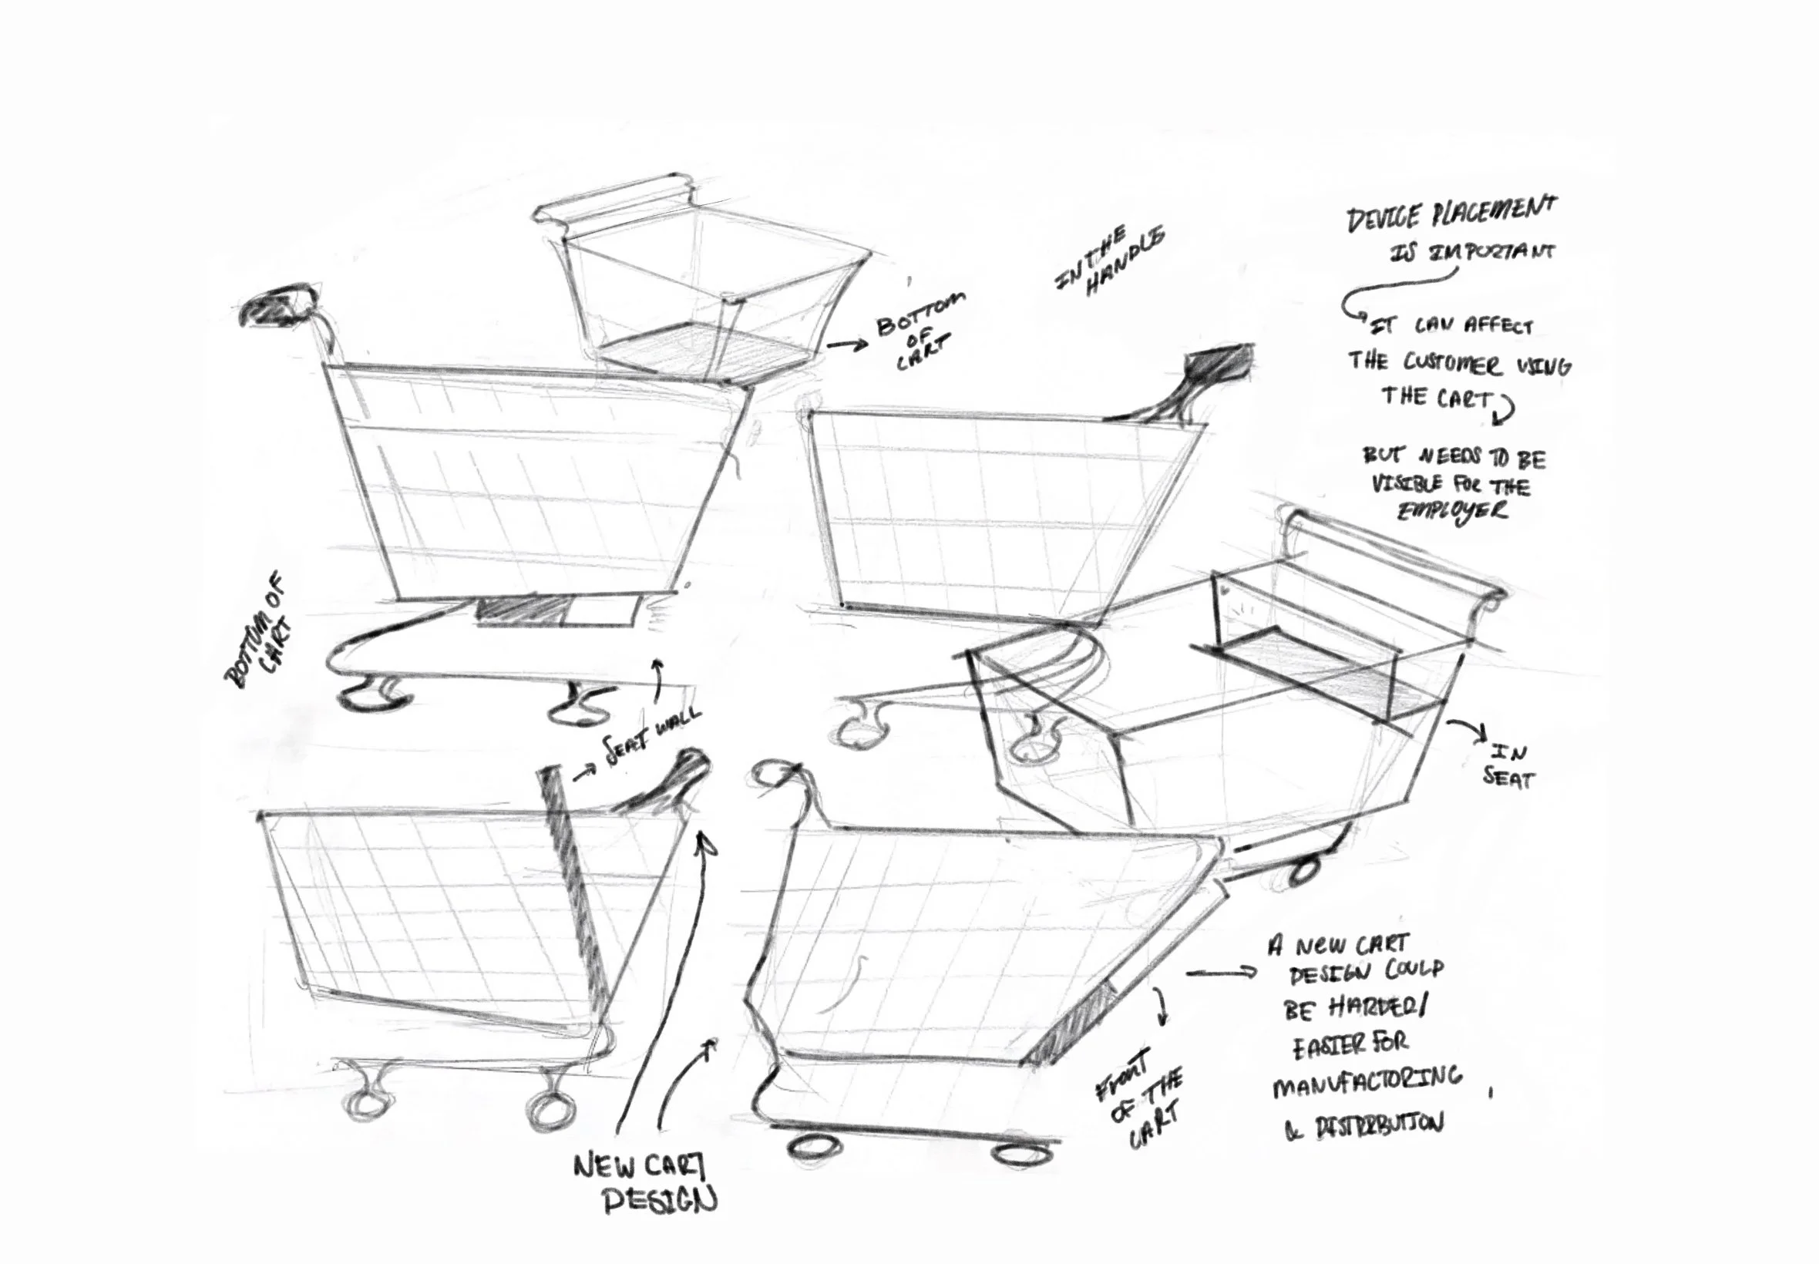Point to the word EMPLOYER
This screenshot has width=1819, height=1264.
coord(1451,511)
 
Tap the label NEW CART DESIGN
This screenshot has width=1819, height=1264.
coord(643,1184)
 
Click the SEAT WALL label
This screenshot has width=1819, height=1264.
coord(651,738)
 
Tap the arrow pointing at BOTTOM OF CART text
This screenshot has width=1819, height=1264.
coord(846,344)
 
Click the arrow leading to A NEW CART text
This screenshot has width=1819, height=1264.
coord(1220,973)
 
